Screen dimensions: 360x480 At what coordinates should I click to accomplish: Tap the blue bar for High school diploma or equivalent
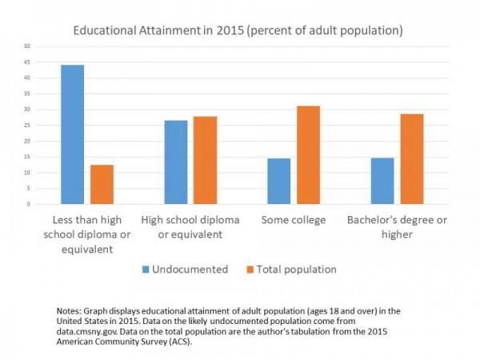coord(175,162)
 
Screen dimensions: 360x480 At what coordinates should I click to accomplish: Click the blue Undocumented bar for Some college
coord(278,181)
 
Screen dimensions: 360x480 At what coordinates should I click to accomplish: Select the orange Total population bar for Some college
coord(308,155)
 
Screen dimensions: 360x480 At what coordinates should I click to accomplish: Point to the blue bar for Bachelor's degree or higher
coord(382,181)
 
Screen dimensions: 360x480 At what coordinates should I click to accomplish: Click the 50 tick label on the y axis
coord(27,46)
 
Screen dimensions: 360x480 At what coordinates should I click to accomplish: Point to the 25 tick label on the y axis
coord(27,126)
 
